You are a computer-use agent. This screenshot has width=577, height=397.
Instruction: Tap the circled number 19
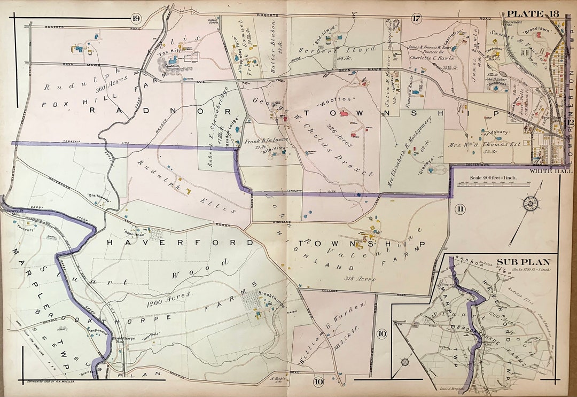click(x=135, y=19)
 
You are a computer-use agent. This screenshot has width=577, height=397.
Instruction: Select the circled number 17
click(x=417, y=19)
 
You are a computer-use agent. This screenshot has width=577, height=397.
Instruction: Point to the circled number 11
click(x=459, y=209)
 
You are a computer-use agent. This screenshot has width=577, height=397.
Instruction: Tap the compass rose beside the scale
click(x=531, y=202)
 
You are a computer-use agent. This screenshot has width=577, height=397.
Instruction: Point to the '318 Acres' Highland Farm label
click(x=360, y=278)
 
